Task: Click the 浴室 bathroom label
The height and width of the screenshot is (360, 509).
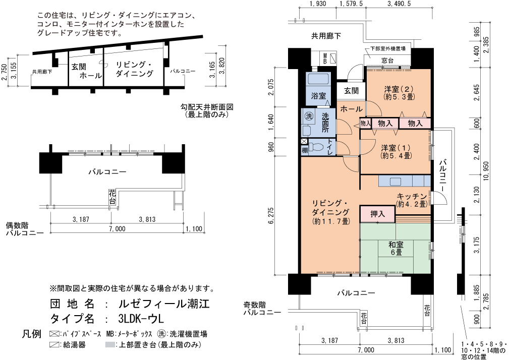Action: tap(318, 96)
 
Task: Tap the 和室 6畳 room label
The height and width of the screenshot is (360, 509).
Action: tap(395, 248)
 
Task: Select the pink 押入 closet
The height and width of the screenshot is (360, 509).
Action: tap(377, 214)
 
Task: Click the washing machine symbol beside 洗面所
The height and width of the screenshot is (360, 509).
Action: tap(308, 116)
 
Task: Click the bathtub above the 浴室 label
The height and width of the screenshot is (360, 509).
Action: tap(318, 79)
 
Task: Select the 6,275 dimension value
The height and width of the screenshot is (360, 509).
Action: tap(271, 215)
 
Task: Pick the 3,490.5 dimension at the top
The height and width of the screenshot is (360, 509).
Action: tap(399, 4)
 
